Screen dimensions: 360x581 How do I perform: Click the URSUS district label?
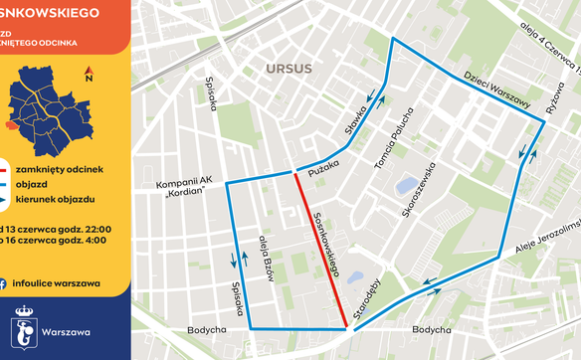[x=290, y=69]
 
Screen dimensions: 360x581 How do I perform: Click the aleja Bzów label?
[x=266, y=260]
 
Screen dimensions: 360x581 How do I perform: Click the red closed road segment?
[x=320, y=251]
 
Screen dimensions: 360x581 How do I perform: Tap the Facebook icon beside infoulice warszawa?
[x=6, y=282]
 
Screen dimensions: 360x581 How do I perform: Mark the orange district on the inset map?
[x=9, y=125]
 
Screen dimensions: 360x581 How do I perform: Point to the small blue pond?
[x=405, y=186]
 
